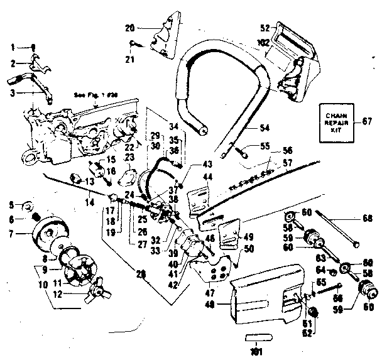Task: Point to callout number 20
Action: pyautogui.click(x=129, y=28)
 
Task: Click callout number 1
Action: pyautogui.click(x=12, y=46)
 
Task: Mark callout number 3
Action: pyautogui.click(x=12, y=92)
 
